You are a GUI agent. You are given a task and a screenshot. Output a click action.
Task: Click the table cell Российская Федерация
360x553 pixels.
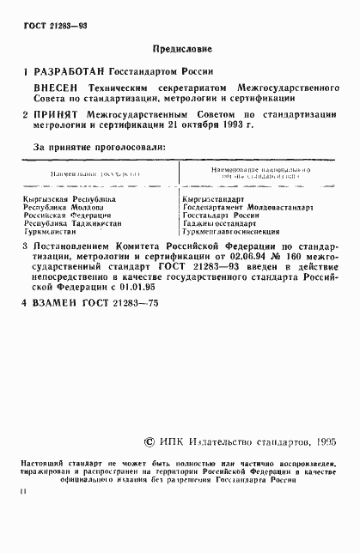tap(67, 216)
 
